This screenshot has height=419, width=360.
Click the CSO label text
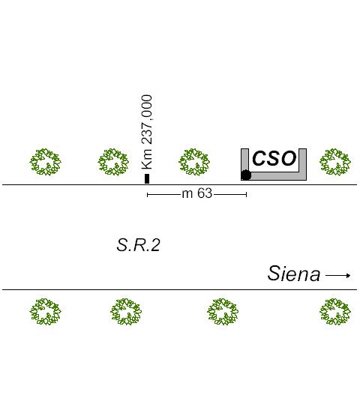[274, 158]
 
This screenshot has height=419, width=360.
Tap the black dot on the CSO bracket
[246, 175]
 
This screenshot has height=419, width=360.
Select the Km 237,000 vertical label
[147, 132]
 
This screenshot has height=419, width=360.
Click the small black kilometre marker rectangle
[147, 178]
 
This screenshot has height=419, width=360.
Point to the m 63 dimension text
[197, 193]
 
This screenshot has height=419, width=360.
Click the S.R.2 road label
[139, 245]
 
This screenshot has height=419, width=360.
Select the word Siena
[294, 274]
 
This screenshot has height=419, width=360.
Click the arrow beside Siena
[337, 276]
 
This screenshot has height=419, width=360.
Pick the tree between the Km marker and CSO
[194, 162]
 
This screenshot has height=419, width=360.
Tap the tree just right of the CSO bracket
[335, 162]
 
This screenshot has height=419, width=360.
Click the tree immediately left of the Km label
[113, 162]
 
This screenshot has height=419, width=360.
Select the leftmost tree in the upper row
[45, 162]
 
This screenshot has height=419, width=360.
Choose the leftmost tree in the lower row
[45, 312]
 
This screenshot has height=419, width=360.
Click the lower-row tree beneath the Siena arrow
[335, 312]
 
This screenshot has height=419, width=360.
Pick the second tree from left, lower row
[126, 312]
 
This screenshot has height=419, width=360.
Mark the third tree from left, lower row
[223, 312]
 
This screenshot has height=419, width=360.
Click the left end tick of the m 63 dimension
[147, 195]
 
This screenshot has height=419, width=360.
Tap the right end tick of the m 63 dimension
[246, 195]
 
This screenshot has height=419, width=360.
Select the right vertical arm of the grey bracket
[302, 160]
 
